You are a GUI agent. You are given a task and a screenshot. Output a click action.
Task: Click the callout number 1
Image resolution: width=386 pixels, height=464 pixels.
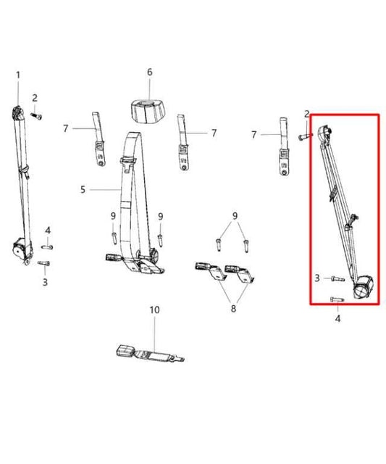coord(18,75)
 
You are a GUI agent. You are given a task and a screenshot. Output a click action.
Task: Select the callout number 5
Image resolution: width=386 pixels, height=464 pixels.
coord(83,190)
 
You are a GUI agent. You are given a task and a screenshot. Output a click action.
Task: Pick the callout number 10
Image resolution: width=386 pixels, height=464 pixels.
coord(154,310)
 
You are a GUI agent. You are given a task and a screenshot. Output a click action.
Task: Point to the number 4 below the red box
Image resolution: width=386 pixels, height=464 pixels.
coord(337,318)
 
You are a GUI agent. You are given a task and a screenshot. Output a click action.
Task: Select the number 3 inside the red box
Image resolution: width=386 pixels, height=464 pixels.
coord(317,278)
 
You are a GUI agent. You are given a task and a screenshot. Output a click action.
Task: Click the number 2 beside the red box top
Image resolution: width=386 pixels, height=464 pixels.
coord(307,114)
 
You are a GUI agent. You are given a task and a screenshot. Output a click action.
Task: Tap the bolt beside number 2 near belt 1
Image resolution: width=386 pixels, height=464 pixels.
coord(38,115)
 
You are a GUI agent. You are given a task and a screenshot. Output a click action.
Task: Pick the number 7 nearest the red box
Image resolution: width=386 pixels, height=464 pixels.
coord(254,134)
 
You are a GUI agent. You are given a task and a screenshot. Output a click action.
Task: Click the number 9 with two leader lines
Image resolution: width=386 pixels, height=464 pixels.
coord(235,216)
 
